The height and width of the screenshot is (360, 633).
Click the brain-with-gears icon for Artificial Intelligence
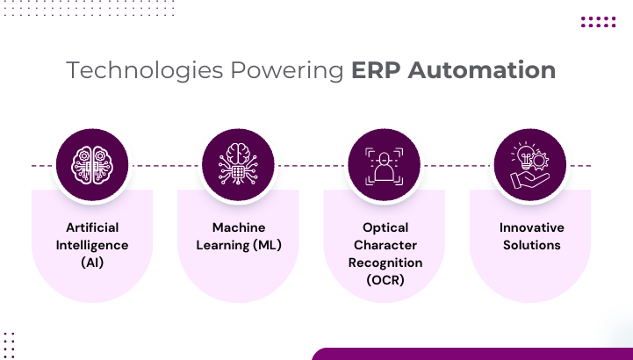[x=92, y=165]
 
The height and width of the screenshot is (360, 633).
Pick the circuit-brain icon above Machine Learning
[x=238, y=165]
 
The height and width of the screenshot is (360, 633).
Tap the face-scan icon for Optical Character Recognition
[x=385, y=165]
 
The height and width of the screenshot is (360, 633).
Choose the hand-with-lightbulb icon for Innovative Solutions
[x=530, y=165]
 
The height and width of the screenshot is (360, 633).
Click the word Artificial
[x=92, y=227]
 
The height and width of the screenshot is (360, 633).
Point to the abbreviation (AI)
[x=92, y=262]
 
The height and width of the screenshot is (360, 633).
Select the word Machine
[x=238, y=227]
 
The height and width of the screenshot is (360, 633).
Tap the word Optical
[x=385, y=227]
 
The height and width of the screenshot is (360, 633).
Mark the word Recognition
[x=385, y=262]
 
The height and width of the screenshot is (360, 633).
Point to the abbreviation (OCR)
[x=385, y=279]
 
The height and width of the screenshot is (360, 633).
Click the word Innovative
[x=531, y=227]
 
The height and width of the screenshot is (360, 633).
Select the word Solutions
[x=531, y=244]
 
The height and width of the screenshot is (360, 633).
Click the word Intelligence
[x=92, y=244]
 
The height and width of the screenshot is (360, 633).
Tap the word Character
[x=385, y=244]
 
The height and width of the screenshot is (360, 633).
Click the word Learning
[x=219, y=244]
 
